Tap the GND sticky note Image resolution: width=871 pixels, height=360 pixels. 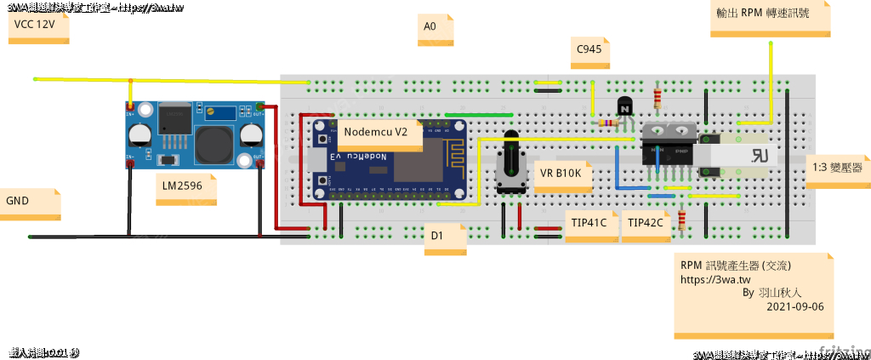tap(30, 203)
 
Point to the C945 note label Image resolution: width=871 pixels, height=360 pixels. tap(590, 51)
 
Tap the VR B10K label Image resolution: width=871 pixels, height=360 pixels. tap(561, 174)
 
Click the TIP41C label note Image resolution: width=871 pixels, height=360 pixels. tap(589, 223)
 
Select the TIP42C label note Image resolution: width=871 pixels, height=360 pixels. tap(645, 223)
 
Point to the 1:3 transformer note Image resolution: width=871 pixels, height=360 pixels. tap(837, 169)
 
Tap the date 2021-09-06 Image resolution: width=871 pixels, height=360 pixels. tap(795, 306)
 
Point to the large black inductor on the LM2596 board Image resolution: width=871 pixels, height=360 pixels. tap(214, 146)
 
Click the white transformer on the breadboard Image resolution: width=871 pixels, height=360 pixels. tap(749, 154)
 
